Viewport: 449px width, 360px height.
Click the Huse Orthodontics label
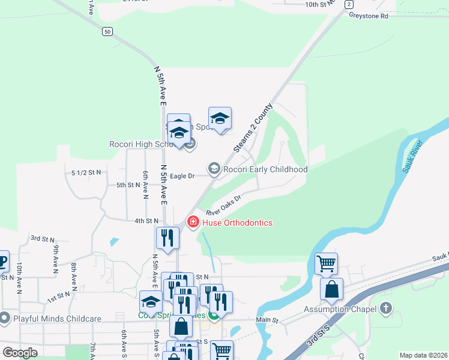(237, 223)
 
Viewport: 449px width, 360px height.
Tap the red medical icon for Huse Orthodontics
(193, 222)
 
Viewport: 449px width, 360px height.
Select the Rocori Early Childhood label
(265, 169)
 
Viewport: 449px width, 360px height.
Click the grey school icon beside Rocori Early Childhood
(214, 169)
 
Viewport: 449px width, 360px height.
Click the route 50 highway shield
(107, 32)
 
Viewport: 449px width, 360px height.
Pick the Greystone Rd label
(369, 16)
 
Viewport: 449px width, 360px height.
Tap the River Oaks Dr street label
(223, 205)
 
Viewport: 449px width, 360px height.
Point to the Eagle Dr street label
(182, 176)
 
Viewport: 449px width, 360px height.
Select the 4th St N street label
(146, 221)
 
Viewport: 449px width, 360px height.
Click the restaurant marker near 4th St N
(167, 238)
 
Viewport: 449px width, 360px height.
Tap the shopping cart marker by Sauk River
(326, 263)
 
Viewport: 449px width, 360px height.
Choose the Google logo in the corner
(20, 353)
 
